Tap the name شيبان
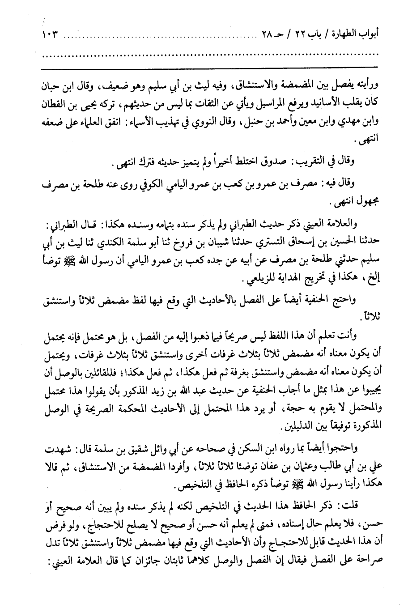coord(218,242)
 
